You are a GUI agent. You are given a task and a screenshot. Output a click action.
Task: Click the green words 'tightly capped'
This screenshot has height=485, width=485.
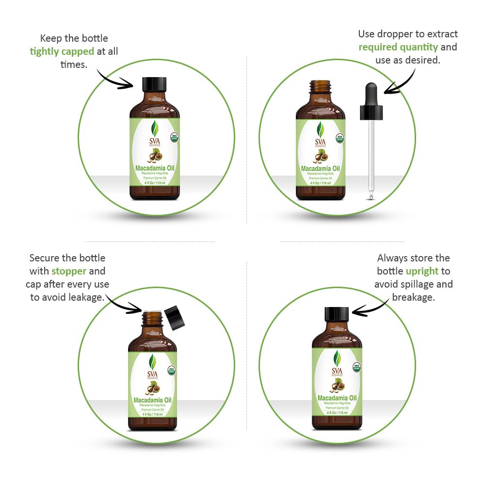pyautogui.click(x=62, y=51)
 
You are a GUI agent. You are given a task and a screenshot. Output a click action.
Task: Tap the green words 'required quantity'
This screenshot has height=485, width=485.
pyautogui.click(x=398, y=47)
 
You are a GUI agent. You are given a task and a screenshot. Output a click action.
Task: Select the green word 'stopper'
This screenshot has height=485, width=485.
pyautogui.click(x=69, y=271)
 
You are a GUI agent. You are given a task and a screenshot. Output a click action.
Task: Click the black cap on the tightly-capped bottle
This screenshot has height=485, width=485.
pyautogui.click(x=154, y=84)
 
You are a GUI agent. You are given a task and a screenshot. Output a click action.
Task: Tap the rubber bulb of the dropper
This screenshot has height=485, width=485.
pyautogui.click(x=371, y=93)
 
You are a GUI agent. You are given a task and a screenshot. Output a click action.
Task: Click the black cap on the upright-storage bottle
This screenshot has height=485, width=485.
pyautogui.click(x=337, y=314)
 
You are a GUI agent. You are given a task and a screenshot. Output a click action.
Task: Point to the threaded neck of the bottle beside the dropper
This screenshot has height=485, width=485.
pyautogui.click(x=320, y=88)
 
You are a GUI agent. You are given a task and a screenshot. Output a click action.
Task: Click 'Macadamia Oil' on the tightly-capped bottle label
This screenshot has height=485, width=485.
pyautogui.click(x=155, y=168)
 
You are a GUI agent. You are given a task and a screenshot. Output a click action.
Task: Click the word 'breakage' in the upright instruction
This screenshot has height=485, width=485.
pyautogui.click(x=413, y=297)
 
